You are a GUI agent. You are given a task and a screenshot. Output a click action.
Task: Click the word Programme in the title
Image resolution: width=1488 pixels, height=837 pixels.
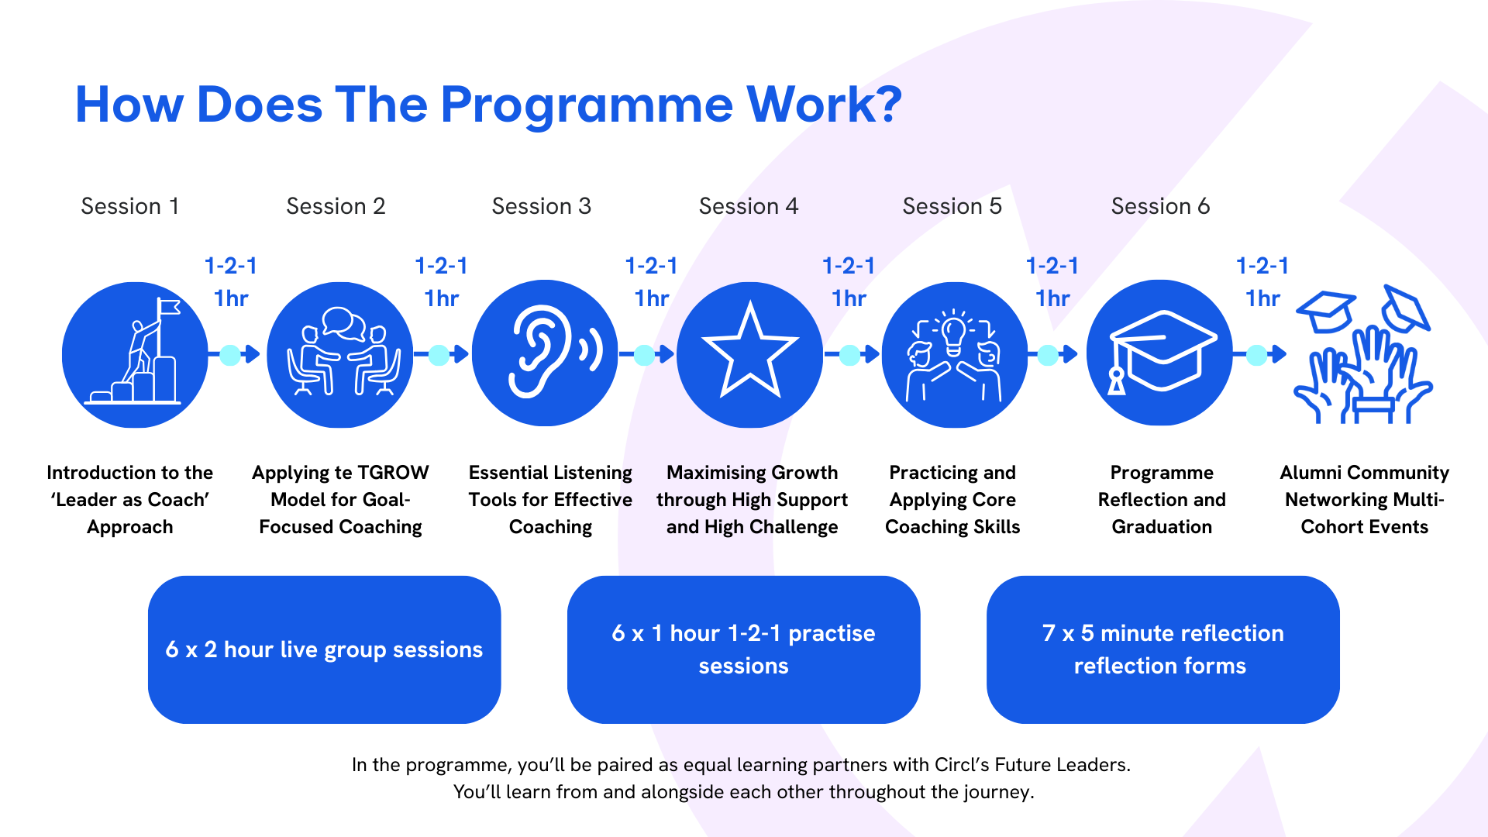click(x=587, y=105)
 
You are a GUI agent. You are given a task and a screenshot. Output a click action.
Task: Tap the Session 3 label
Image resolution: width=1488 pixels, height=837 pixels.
click(x=541, y=206)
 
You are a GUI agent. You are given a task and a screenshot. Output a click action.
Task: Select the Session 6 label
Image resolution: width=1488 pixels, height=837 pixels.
click(x=1160, y=206)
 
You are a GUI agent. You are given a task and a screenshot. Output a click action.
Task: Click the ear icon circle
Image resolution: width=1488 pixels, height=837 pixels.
click(x=545, y=353)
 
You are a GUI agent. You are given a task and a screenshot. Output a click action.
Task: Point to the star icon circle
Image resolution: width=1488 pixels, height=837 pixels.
click(x=749, y=353)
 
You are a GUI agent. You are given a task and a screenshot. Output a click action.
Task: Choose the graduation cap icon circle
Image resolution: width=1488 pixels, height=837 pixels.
click(x=1159, y=353)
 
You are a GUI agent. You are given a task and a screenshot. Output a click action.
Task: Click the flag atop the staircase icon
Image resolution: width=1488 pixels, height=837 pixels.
click(x=169, y=308)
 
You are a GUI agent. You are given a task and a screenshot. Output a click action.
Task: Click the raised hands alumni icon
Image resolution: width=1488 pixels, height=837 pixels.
click(x=1362, y=356)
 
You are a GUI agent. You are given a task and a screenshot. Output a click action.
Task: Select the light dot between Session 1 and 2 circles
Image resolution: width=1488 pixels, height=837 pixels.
click(x=230, y=355)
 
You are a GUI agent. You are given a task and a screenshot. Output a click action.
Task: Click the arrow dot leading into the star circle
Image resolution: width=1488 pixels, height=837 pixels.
click(x=645, y=355)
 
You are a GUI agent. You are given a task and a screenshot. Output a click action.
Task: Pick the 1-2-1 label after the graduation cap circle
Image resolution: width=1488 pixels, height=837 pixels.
click(x=1262, y=266)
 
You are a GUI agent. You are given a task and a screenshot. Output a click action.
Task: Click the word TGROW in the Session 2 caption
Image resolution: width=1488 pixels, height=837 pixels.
click(x=393, y=473)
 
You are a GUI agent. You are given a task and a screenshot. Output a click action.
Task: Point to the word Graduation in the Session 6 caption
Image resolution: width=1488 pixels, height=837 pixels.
click(x=1161, y=527)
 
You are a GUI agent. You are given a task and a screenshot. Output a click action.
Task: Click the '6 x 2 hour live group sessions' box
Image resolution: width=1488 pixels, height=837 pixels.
click(x=324, y=649)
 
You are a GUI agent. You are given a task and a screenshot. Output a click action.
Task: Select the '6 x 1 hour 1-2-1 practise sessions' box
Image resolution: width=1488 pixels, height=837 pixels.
click(x=743, y=649)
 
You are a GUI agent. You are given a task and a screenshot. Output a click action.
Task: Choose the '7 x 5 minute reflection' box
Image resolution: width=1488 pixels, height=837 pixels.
click(x=1162, y=649)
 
